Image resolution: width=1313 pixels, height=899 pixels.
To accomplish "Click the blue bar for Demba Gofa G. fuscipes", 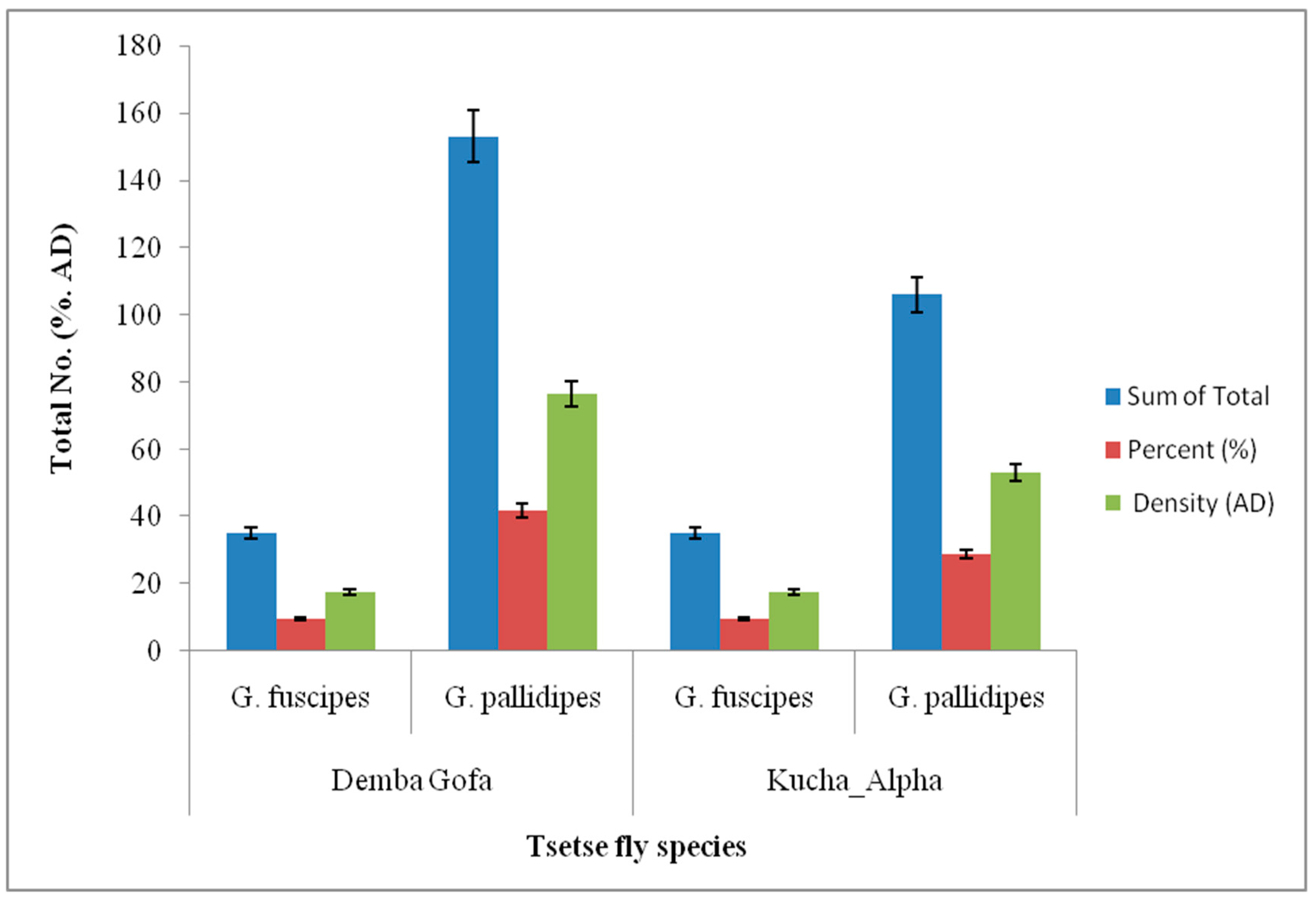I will tap(251, 591).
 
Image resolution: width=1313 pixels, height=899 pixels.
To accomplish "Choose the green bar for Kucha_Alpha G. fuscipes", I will tap(793, 621).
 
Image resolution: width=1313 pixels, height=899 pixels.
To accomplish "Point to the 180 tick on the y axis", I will tap(138, 46).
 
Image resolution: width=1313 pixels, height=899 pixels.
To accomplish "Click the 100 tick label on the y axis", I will tap(138, 315).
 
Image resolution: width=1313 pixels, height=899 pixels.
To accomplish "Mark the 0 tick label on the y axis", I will tap(154, 651).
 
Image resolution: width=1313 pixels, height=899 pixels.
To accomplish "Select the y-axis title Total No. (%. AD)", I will tap(62, 348).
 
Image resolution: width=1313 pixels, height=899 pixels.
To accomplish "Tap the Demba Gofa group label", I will tap(411, 781).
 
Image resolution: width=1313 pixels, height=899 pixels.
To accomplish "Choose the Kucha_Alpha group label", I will tap(854, 781).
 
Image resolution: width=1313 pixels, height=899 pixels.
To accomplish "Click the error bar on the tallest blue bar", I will tap(473, 136).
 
